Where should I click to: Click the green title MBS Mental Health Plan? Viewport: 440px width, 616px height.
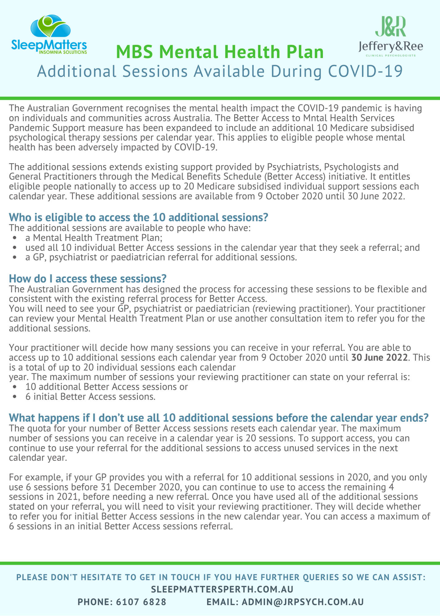(x=220, y=52)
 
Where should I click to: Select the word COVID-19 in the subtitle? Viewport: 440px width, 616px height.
(x=365, y=71)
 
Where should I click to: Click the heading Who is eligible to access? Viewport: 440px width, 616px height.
(x=138, y=217)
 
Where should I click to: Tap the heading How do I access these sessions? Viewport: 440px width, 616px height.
(x=88, y=279)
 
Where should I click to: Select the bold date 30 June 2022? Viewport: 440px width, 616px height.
(x=379, y=358)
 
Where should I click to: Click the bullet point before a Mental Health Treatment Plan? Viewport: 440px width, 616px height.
(x=14, y=238)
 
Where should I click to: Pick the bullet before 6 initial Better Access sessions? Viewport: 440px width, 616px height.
(x=14, y=397)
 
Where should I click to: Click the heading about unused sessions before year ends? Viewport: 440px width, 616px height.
(x=218, y=418)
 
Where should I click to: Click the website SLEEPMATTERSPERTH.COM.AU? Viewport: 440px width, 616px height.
(x=222, y=589)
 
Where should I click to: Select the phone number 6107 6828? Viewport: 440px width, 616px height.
(x=141, y=602)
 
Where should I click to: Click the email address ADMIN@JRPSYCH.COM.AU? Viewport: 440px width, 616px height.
(x=303, y=602)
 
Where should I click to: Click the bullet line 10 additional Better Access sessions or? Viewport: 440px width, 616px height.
(x=107, y=387)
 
